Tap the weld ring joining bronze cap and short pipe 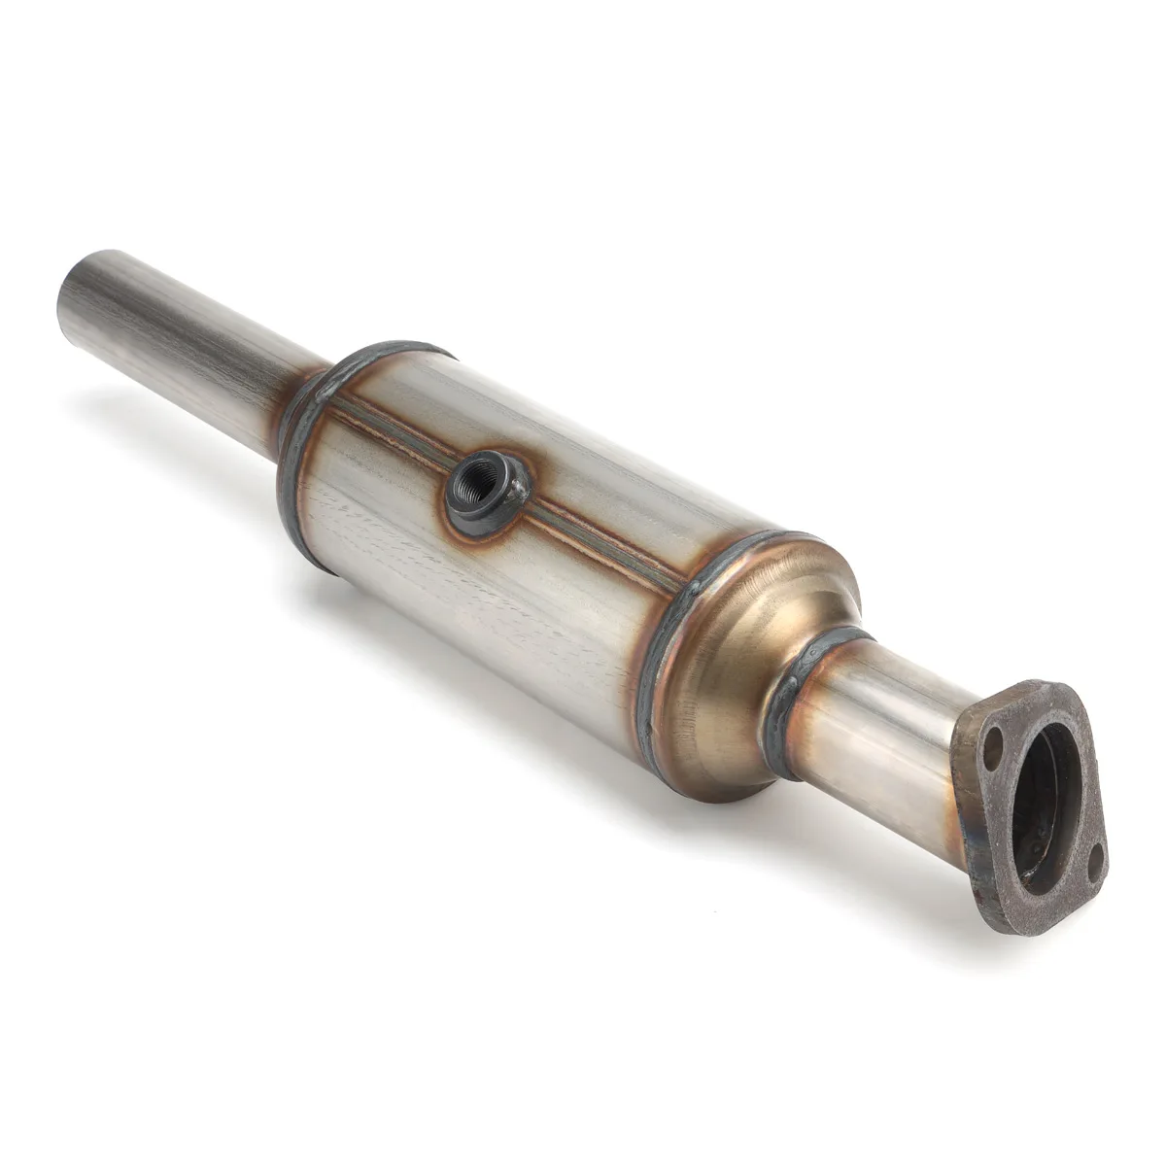click(x=792, y=695)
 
